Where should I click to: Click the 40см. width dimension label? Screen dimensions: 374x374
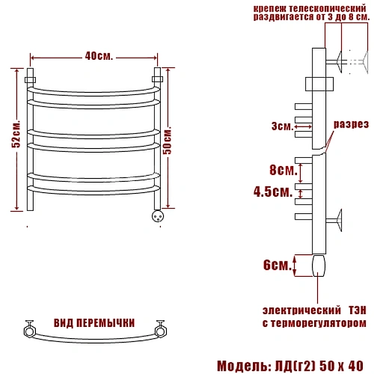(99, 56)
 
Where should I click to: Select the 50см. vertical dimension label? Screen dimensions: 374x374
(168, 141)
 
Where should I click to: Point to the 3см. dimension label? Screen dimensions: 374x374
(282, 126)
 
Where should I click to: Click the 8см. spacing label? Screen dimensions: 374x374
(283, 170)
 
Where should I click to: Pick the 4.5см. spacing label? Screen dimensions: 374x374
(273, 191)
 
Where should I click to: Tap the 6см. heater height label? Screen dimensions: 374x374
(278, 265)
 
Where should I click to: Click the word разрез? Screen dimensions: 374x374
(351, 124)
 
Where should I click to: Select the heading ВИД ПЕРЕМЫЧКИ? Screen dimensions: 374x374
(94, 323)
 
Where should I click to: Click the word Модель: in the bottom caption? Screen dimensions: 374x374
(244, 367)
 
